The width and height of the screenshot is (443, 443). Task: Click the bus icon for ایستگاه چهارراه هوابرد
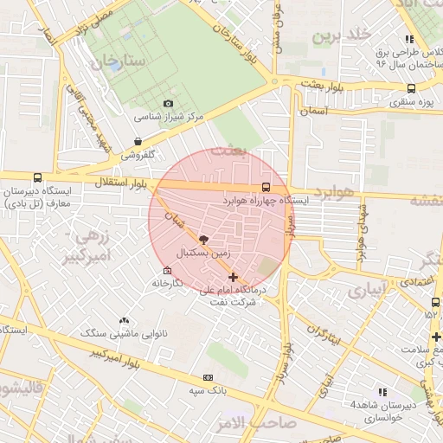tap(265, 187)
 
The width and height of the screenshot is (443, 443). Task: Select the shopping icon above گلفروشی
tap(138, 142)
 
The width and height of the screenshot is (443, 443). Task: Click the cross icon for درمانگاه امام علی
tap(234, 277)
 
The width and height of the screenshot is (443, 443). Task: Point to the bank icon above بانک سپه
tap(208, 377)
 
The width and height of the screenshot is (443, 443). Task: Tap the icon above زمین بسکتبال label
tap(203, 240)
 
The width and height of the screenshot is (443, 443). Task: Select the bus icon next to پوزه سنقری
tap(410, 87)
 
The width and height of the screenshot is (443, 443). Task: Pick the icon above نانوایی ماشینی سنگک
tap(124, 320)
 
